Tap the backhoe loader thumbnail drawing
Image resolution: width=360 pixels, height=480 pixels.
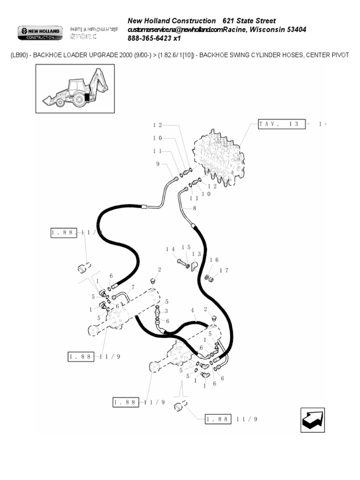[x=74, y=89]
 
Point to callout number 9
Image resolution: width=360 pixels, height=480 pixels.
[x=157, y=164]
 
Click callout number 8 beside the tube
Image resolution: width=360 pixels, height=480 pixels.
[x=194, y=208]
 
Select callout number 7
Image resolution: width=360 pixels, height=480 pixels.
[x=133, y=287]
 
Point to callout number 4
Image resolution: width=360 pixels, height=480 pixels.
[x=192, y=310]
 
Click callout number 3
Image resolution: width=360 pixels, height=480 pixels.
[x=166, y=311]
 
